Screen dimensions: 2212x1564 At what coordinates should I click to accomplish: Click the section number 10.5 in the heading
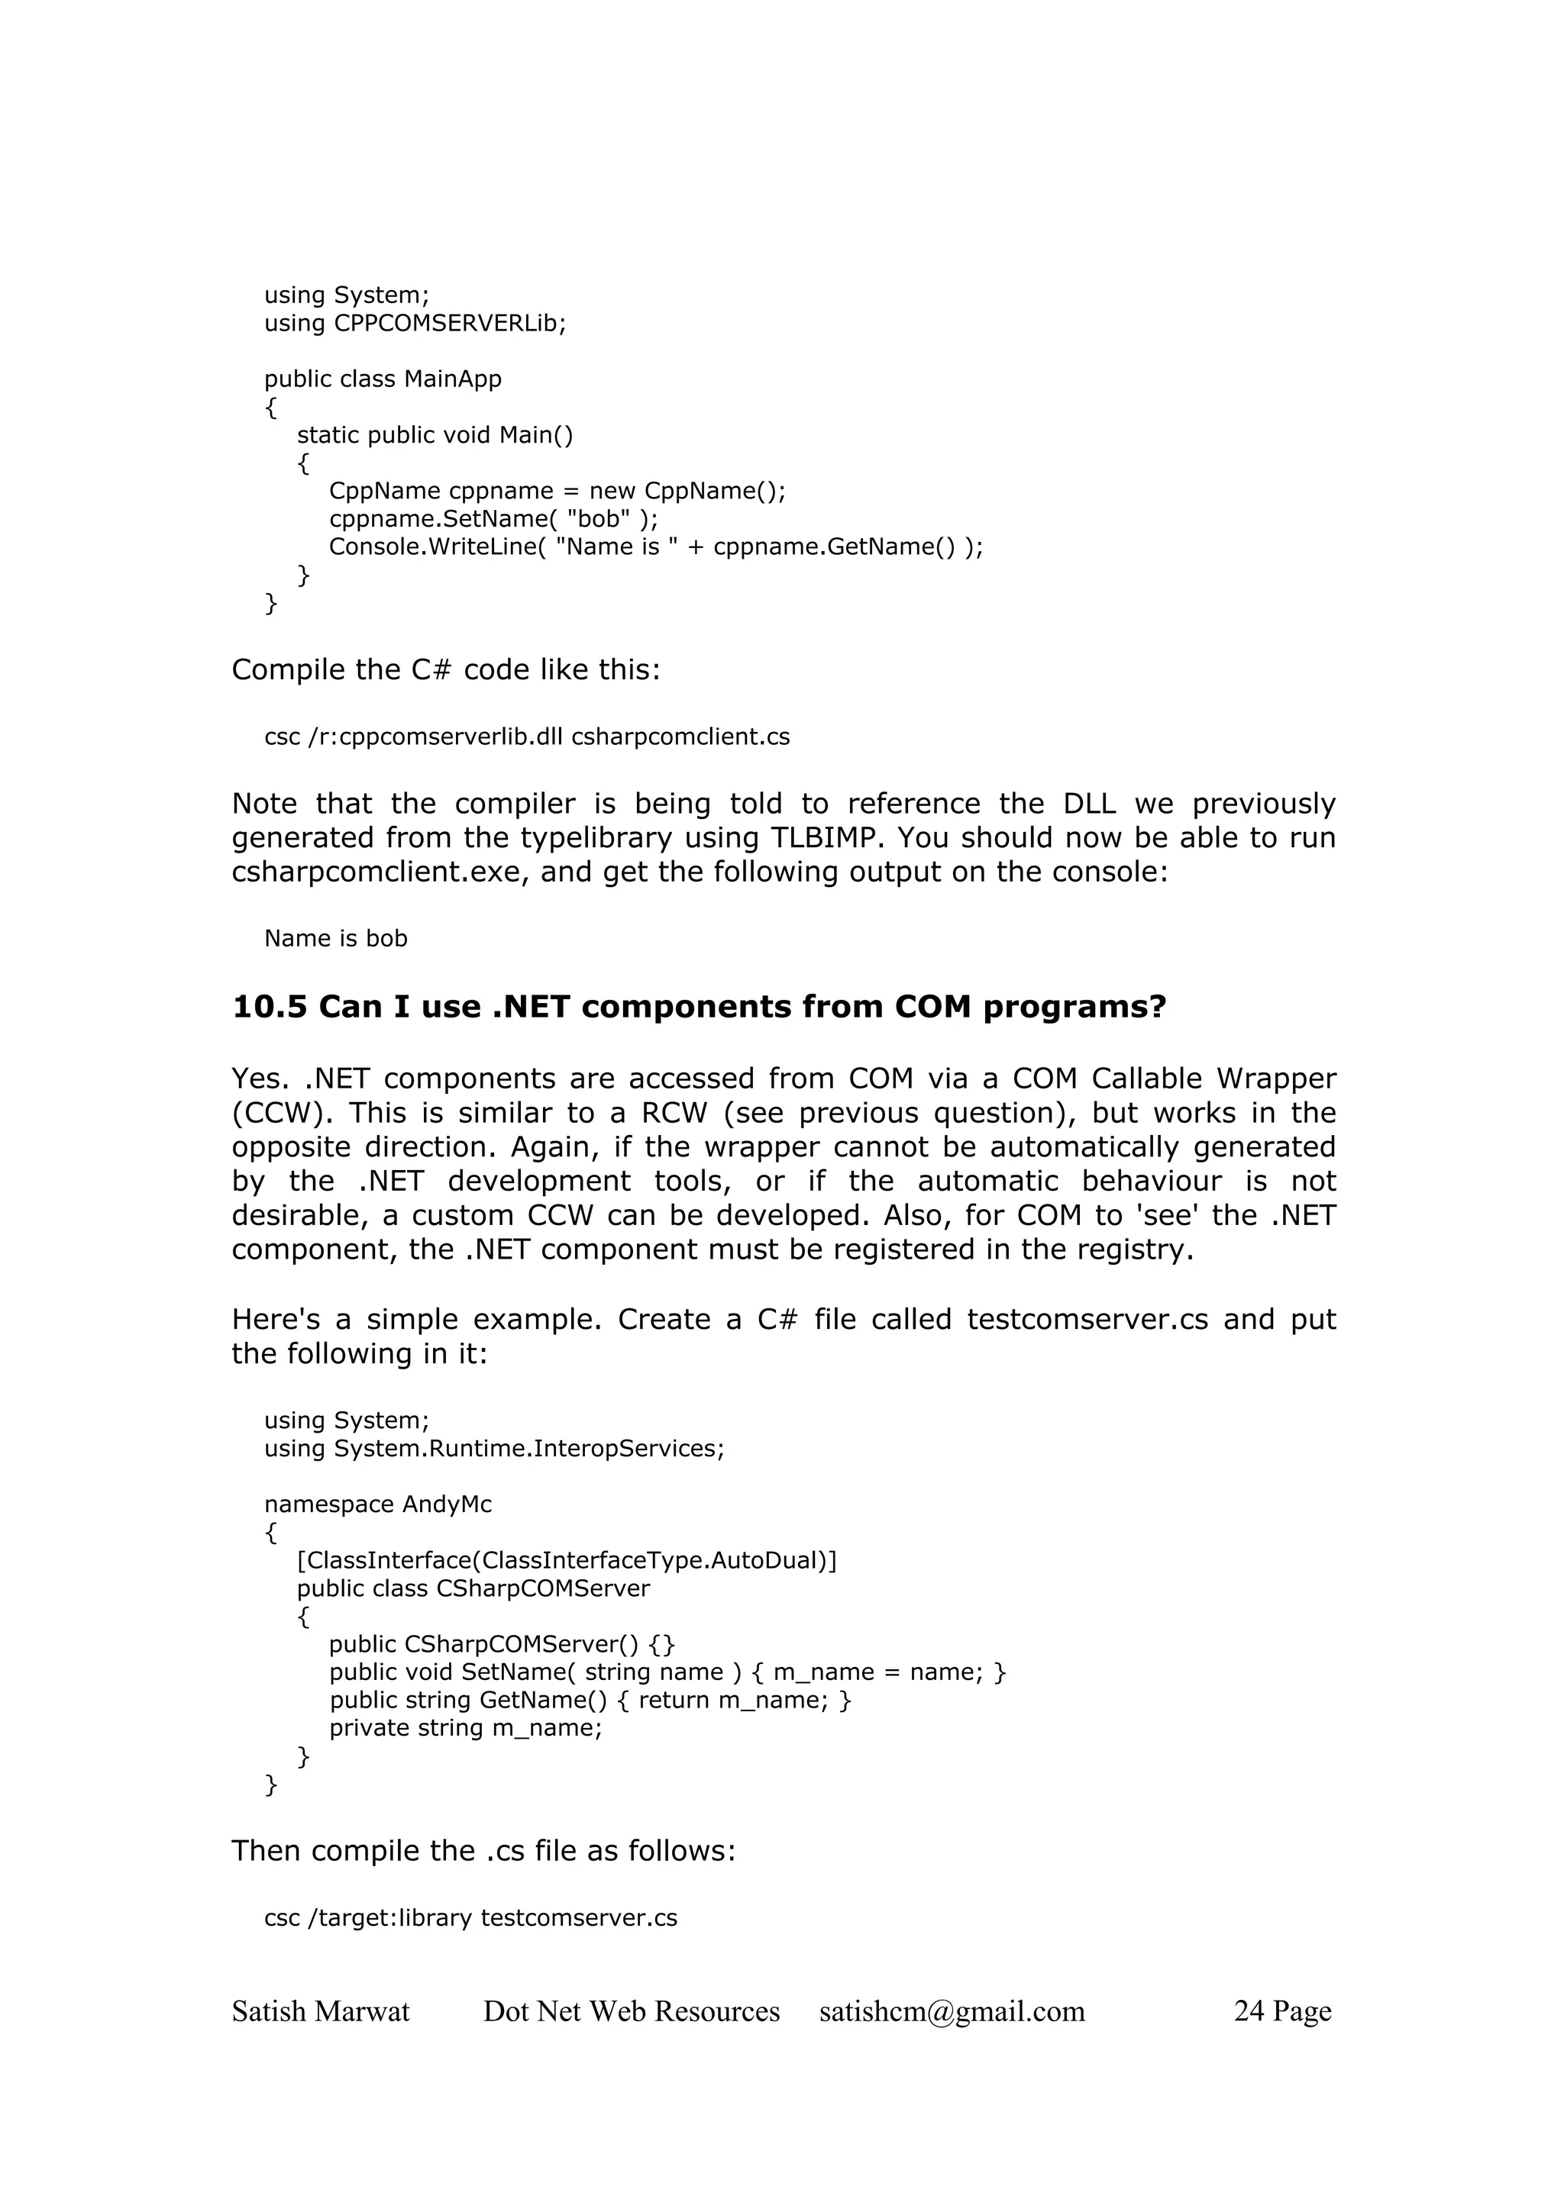(x=269, y=1007)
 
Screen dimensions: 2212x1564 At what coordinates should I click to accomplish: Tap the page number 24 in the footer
(x=1249, y=2010)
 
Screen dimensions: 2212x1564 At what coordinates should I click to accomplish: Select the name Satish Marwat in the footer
(x=320, y=2010)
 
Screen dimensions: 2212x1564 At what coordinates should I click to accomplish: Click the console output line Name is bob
(x=335, y=938)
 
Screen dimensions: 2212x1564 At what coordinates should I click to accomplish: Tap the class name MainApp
(x=452, y=379)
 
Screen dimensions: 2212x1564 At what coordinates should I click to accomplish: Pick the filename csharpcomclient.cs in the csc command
(x=680, y=737)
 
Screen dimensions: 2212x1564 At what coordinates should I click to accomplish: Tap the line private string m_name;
(x=465, y=1727)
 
